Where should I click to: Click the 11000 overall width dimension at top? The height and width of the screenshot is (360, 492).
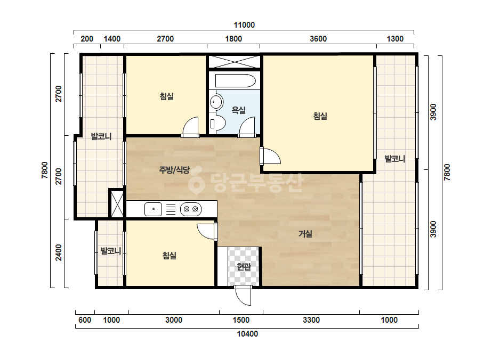coord(244,25)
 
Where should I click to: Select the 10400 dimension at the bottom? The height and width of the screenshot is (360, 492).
coord(247,334)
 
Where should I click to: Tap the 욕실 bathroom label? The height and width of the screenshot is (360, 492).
coord(238,110)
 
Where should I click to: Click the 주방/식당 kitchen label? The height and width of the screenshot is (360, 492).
coord(174,170)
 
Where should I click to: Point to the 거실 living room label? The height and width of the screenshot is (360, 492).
coord(305,234)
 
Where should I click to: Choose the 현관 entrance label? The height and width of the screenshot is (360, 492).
coord(244,267)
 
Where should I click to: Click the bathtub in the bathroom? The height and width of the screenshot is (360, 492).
coord(236,80)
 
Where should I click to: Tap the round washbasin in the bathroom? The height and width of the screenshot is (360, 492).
coord(216,102)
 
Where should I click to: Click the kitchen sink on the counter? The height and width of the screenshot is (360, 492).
coord(153,209)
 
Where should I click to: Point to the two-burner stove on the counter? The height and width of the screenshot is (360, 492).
coord(191,209)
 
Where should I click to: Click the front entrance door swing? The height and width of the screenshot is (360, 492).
coord(244,296)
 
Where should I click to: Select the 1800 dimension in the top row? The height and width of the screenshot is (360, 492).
coord(233,39)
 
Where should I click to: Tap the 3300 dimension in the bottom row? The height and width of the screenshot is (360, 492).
coord(311,320)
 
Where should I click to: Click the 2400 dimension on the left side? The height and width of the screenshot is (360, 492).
coord(59,253)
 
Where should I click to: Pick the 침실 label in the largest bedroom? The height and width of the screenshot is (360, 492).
coord(320,116)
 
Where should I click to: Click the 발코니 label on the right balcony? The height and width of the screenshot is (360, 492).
coord(395,159)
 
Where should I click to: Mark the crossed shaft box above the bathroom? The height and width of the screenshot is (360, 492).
coord(235,62)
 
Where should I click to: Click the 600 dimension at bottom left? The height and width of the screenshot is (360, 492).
coord(85,320)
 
